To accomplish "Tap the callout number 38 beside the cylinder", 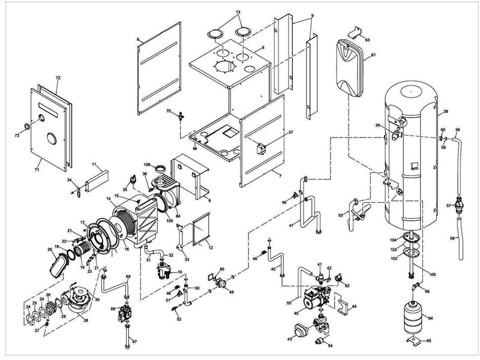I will pyautogui.click(x=446, y=112).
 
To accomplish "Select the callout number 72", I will pyautogui.click(x=58, y=79).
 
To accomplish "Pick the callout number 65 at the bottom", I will pyautogui.click(x=428, y=341).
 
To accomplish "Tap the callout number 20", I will pyautogui.click(x=50, y=249).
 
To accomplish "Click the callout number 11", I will pyautogui.click(x=94, y=163).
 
